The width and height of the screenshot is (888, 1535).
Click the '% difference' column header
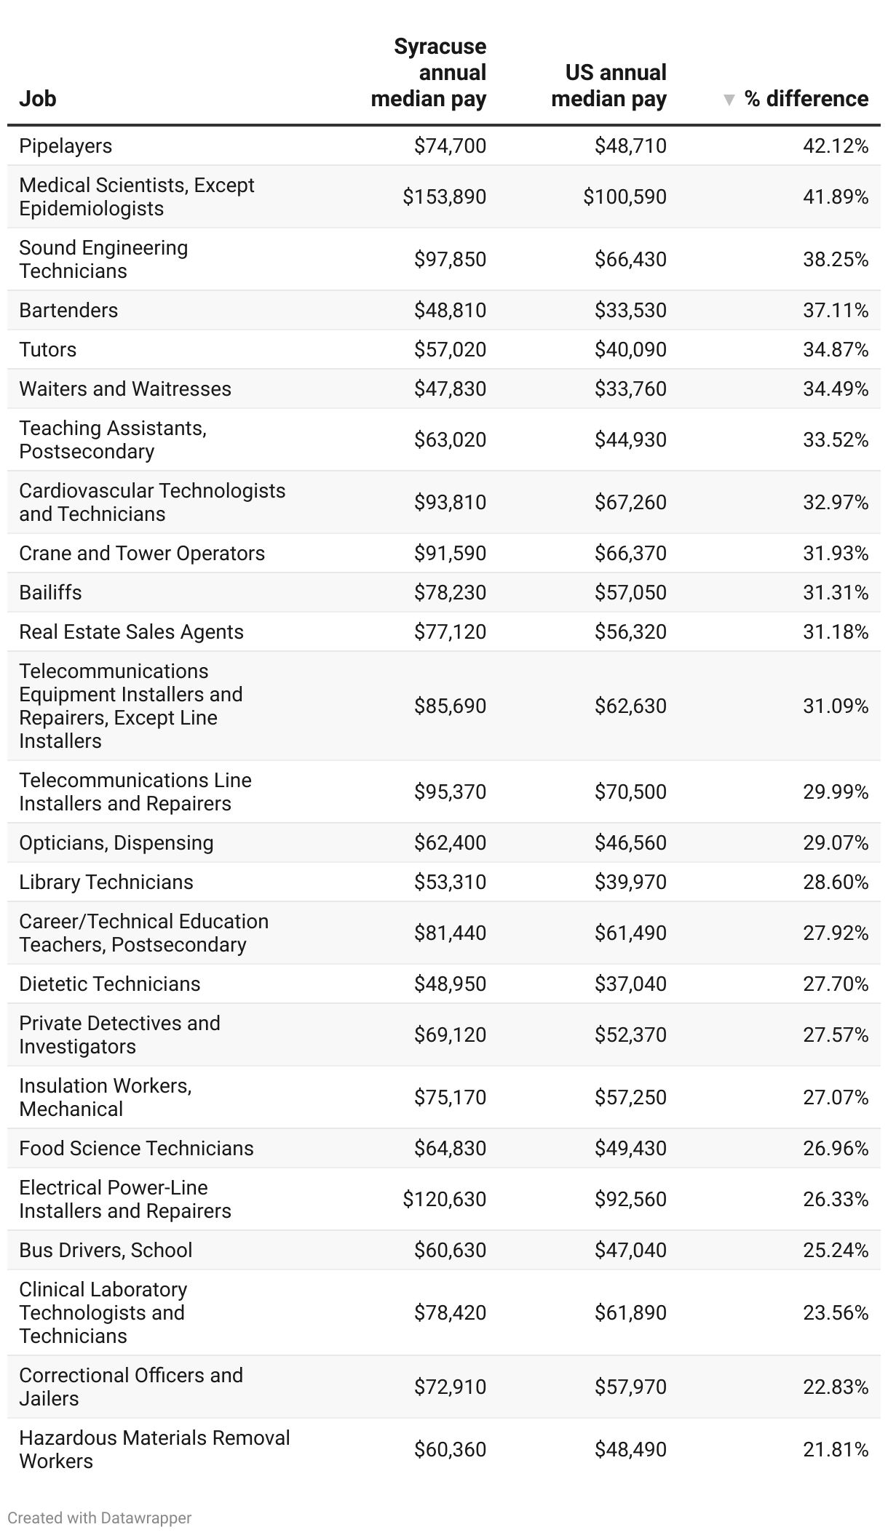pyautogui.click(x=806, y=99)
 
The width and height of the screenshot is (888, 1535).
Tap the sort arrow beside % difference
pyautogui.click(x=729, y=100)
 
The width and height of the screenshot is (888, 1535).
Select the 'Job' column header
pyautogui.click(x=38, y=99)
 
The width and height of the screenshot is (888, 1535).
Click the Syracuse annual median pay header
pyautogui.click(x=429, y=73)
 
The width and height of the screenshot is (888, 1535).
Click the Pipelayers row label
pyautogui.click(x=66, y=146)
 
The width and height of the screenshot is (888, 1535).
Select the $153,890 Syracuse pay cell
pyautogui.click(x=444, y=197)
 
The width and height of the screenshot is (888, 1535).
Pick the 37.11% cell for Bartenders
pyautogui.click(x=836, y=311)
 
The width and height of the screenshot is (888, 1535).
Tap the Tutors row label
pyautogui.click(x=48, y=350)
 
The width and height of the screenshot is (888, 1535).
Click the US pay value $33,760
pyautogui.click(x=630, y=389)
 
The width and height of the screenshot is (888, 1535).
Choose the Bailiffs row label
pyautogui.click(x=50, y=593)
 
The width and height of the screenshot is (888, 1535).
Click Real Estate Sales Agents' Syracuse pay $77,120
pyautogui.click(x=450, y=632)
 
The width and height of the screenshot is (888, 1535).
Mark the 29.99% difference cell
pyautogui.click(x=836, y=792)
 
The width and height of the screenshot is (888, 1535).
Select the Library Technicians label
pyautogui.click(x=106, y=882)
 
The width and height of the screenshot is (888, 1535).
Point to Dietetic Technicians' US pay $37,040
pyautogui.click(x=630, y=984)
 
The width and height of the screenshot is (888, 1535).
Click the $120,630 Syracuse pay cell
pyautogui.click(x=444, y=1200)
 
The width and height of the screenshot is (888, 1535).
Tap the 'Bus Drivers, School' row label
pyautogui.click(x=106, y=1251)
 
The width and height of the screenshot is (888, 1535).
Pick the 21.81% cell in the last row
pyautogui.click(x=836, y=1450)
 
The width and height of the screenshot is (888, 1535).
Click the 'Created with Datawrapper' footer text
pyautogui.click(x=100, y=1518)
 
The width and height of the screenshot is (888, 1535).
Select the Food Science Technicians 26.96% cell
pyautogui.click(x=836, y=1149)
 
